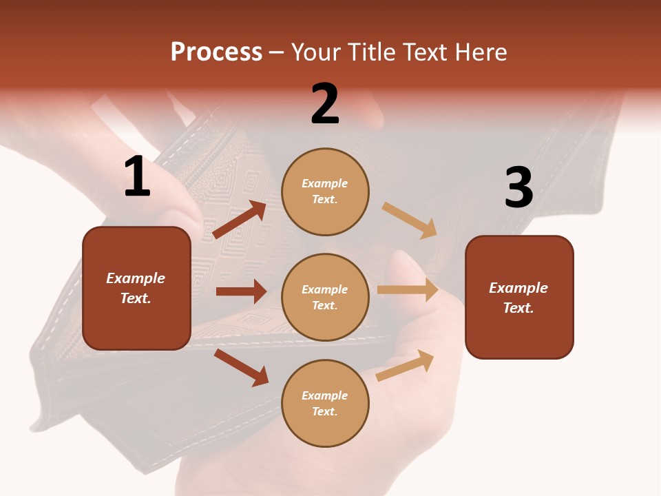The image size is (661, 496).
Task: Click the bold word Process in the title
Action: pyautogui.click(x=216, y=52)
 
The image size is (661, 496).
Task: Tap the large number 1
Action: pyautogui.click(x=137, y=177)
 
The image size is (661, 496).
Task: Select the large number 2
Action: pyautogui.click(x=325, y=104)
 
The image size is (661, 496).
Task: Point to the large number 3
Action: pyautogui.click(x=518, y=188)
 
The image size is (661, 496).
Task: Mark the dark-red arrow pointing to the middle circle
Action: pyautogui.click(x=241, y=291)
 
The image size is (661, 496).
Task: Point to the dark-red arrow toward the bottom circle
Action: pyautogui.click(x=241, y=367)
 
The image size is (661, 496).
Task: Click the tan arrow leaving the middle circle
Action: pyautogui.click(x=408, y=290)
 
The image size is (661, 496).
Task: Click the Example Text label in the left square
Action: pyautogui.click(x=136, y=288)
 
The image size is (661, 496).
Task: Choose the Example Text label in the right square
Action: pyautogui.click(x=518, y=298)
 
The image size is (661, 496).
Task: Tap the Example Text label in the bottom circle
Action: pyautogui.click(x=325, y=403)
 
